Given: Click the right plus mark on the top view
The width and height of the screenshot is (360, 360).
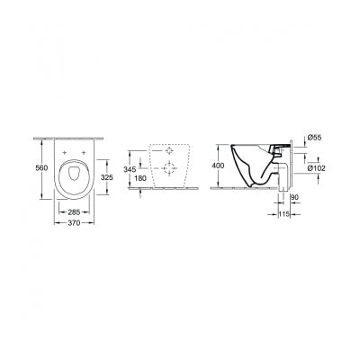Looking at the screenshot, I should [86, 154].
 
